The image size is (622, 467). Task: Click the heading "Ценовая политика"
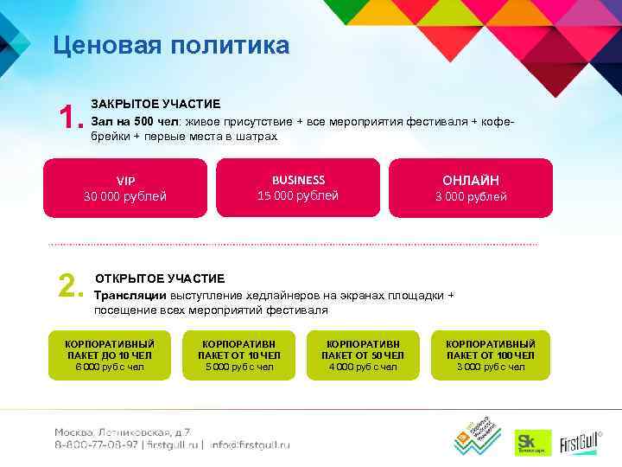click(x=171, y=45)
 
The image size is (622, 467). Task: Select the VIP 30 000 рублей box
click(x=125, y=189)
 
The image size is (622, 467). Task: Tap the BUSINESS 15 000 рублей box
click(x=298, y=188)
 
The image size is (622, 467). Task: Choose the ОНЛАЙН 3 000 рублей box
click(x=471, y=188)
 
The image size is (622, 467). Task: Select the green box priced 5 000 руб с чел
click(x=239, y=355)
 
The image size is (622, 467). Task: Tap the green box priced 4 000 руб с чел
click(x=363, y=355)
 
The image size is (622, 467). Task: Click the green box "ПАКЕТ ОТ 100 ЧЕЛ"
click(x=491, y=355)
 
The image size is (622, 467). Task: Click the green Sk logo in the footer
click(x=527, y=440)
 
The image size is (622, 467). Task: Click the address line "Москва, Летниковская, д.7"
click(x=123, y=432)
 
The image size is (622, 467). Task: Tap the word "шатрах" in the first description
click(x=258, y=137)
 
